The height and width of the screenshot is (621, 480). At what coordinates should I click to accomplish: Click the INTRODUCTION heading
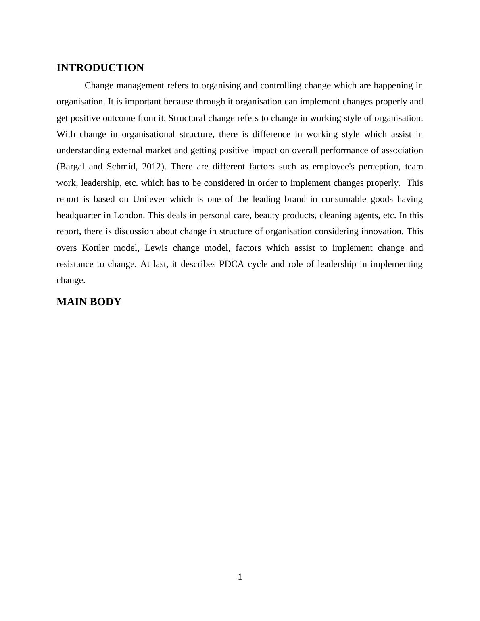[x=100, y=68]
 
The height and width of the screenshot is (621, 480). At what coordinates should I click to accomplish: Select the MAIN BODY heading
[x=89, y=302]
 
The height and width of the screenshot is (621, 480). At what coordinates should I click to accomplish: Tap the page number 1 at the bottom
[x=240, y=577]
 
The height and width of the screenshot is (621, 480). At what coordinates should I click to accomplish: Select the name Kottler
[x=95, y=248]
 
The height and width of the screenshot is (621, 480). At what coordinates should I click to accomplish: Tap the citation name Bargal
[x=71, y=167]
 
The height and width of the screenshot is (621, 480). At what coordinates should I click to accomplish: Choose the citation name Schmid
[x=122, y=167]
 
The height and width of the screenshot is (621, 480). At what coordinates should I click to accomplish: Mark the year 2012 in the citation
[x=152, y=167]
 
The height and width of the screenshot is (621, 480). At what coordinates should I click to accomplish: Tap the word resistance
[x=75, y=264]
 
